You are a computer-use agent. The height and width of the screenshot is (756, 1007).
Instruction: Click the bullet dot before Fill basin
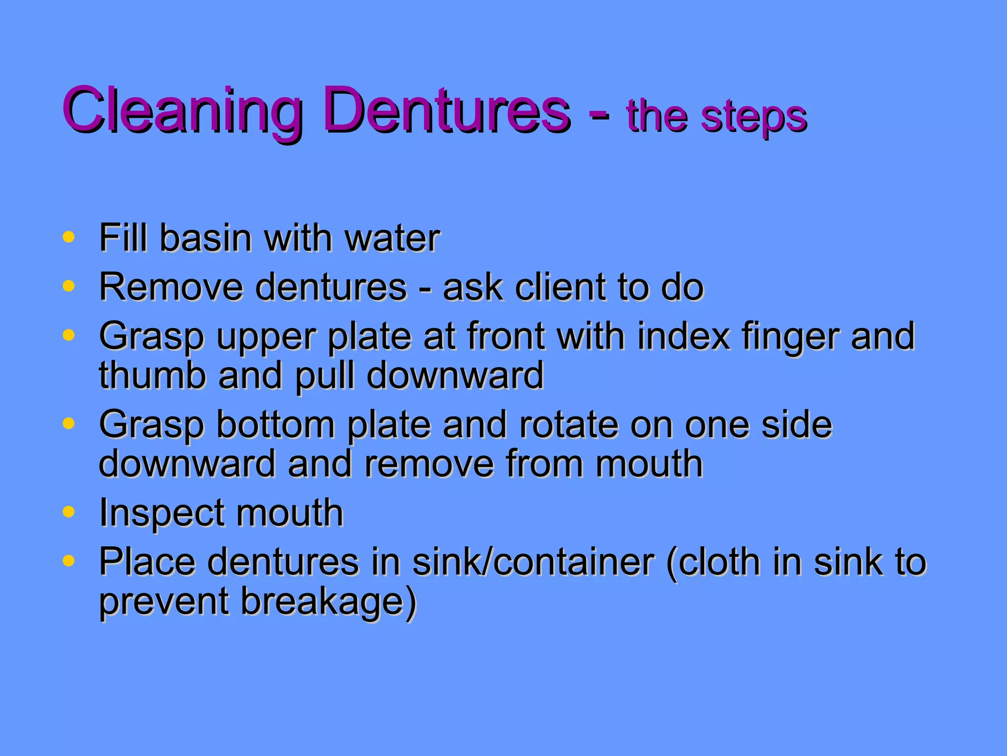pos(69,237)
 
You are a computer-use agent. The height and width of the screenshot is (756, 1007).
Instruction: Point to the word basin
pos(207,238)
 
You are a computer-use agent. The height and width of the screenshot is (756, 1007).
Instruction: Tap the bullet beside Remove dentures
pos(69,285)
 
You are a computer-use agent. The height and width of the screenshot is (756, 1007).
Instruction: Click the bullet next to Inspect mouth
pos(69,511)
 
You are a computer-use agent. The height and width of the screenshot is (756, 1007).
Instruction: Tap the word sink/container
pos(533,563)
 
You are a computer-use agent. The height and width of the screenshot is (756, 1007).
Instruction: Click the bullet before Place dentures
pos(69,560)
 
